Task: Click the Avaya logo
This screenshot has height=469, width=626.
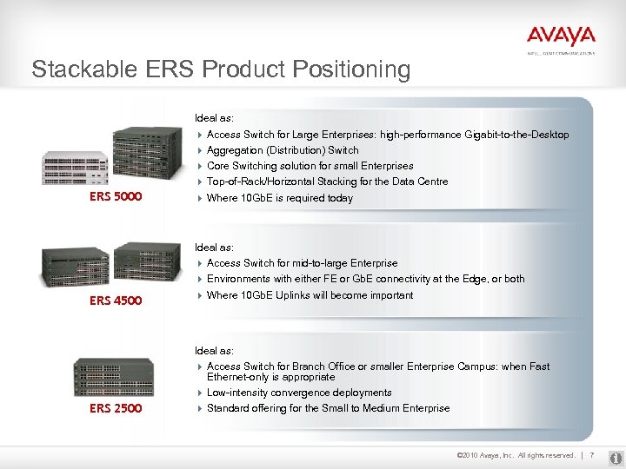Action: (x=561, y=36)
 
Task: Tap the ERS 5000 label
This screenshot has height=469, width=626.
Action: (x=116, y=197)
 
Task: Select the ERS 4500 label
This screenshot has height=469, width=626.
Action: (x=116, y=301)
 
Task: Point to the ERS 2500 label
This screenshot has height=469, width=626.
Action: (x=116, y=408)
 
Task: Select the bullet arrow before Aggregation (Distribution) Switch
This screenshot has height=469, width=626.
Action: (x=200, y=150)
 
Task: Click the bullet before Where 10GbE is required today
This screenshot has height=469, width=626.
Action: (x=200, y=198)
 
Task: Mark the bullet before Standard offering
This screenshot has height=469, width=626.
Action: (x=200, y=408)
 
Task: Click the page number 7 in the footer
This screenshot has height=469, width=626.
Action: (x=591, y=455)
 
